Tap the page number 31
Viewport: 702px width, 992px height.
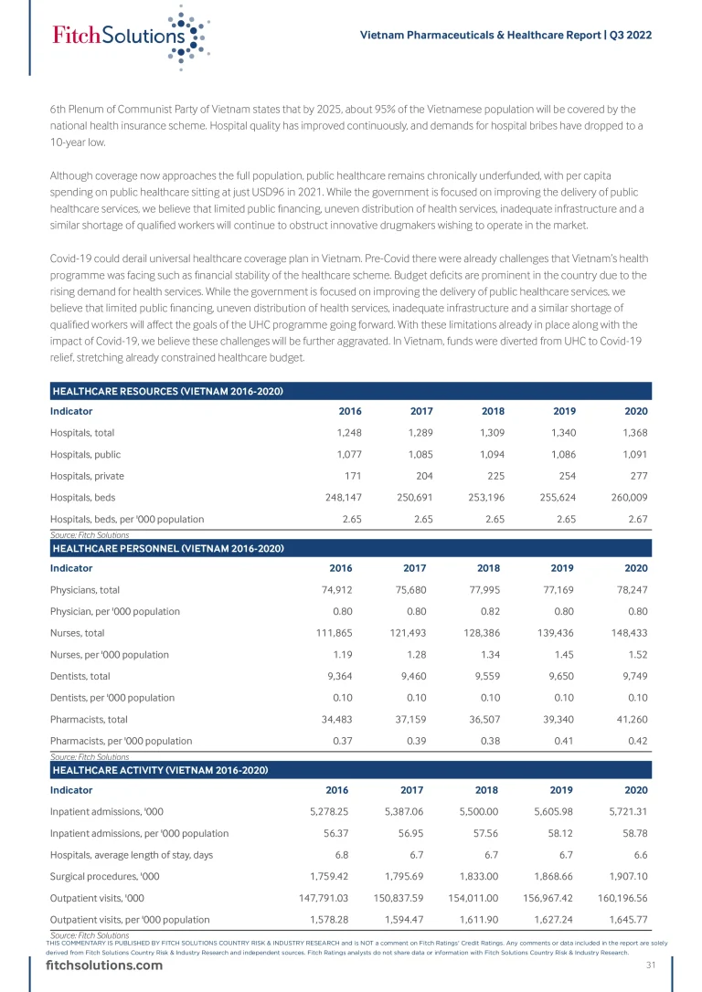point(651,966)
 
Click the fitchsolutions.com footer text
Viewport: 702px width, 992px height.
point(105,967)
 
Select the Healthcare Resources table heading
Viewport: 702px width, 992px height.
point(166,392)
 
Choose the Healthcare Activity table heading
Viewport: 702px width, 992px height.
point(160,770)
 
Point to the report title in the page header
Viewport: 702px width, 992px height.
point(505,35)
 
